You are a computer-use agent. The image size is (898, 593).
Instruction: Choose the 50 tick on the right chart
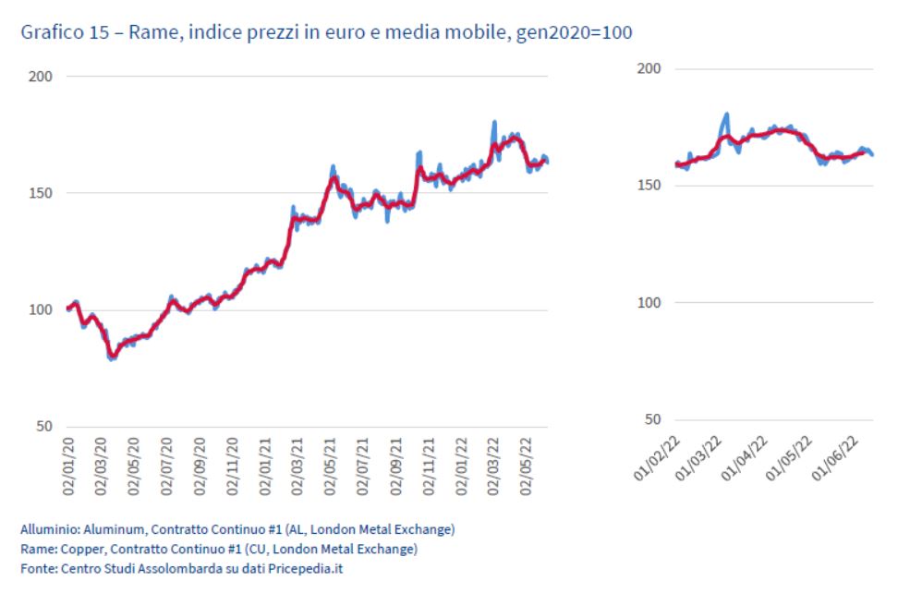click(x=653, y=419)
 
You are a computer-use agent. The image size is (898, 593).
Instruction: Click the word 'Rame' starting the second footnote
click(x=33, y=549)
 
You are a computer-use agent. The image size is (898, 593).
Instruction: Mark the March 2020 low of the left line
click(x=113, y=357)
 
